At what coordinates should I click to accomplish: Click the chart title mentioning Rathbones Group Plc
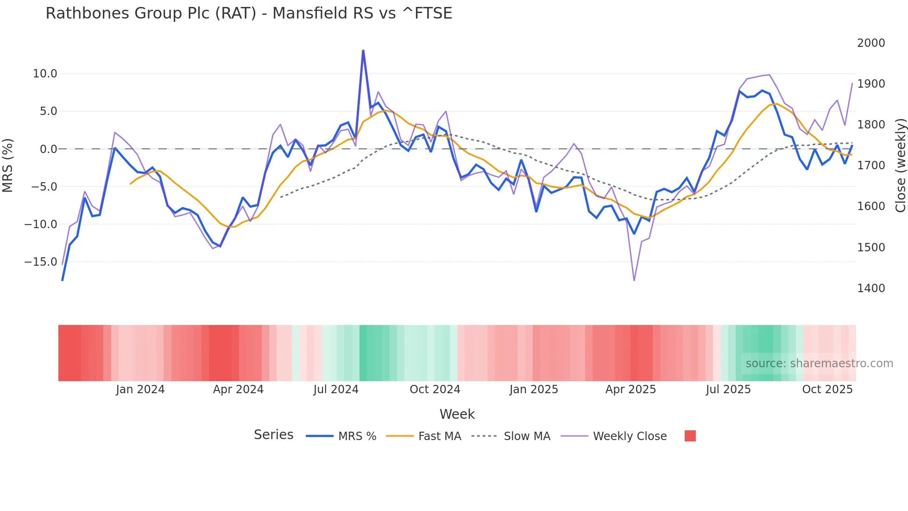[249, 13]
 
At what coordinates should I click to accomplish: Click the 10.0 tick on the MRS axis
[45, 74]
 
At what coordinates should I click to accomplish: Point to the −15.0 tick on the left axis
[41, 262]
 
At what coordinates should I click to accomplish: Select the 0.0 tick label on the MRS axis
[48, 149]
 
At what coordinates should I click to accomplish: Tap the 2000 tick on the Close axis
[871, 43]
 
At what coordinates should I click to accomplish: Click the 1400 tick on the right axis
[871, 288]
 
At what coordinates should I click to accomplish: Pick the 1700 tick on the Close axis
[871, 166]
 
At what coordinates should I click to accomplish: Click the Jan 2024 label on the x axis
[140, 390]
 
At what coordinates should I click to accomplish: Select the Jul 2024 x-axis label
[336, 390]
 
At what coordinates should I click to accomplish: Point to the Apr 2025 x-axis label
[631, 390]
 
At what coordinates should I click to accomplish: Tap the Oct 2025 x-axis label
[827, 390]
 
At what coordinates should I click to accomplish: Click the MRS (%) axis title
[8, 166]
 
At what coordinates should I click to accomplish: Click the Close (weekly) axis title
[900, 166]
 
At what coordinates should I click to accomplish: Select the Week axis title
[457, 414]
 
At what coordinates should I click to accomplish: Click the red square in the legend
[690, 436]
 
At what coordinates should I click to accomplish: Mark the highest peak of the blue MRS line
[363, 50]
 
